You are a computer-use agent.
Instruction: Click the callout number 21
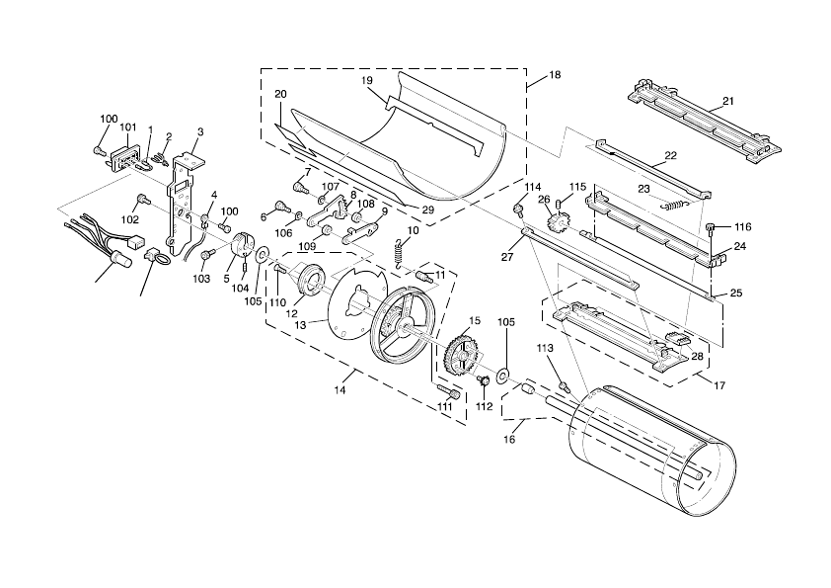(727, 101)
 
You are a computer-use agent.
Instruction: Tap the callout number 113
(545, 349)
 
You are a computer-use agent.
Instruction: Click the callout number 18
(554, 75)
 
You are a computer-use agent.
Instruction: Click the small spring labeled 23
(672, 205)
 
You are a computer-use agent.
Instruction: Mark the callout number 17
(718, 385)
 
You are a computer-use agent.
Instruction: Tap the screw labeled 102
(143, 201)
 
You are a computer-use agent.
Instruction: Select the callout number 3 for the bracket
(200, 131)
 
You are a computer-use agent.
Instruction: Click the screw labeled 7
(296, 185)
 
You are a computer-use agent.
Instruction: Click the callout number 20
(280, 94)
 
